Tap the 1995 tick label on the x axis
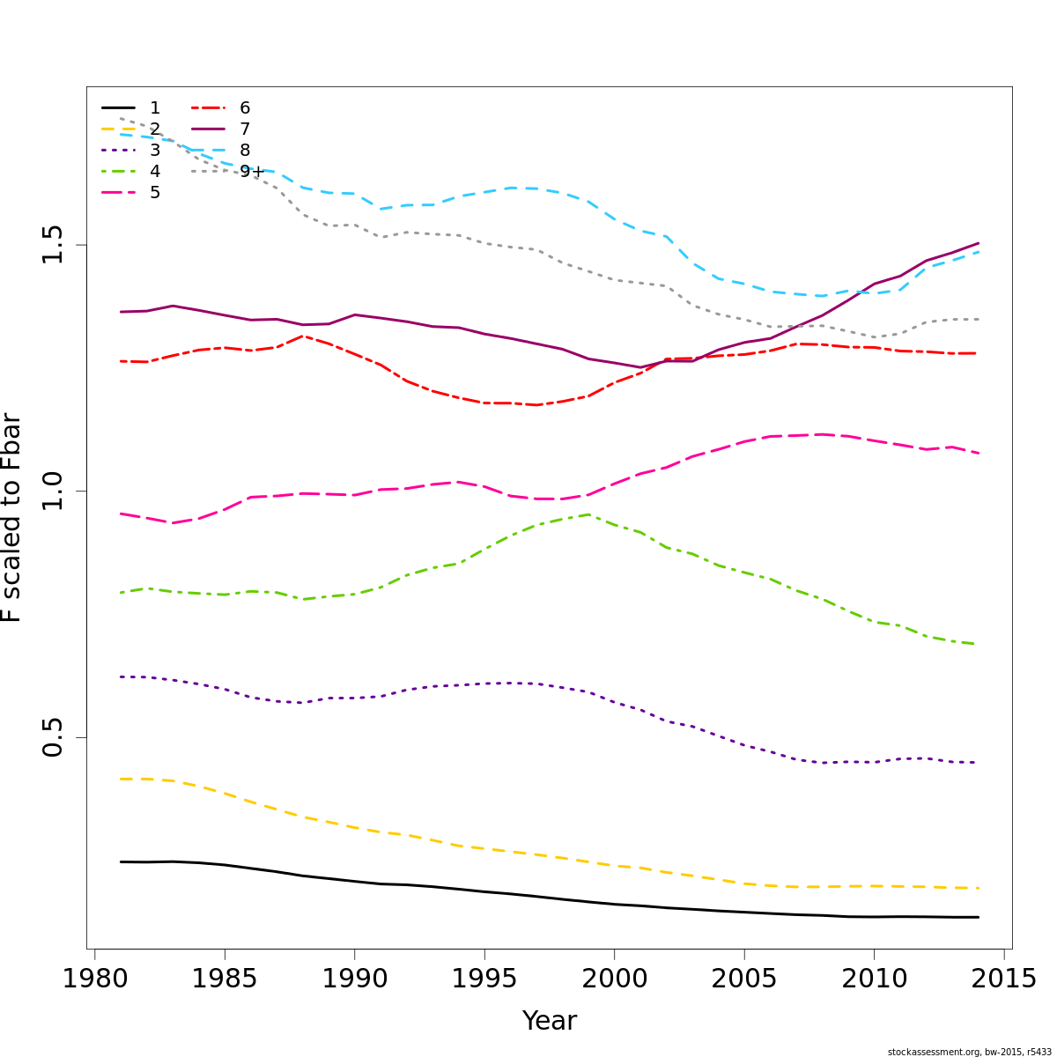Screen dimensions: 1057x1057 pyautogui.click(x=484, y=979)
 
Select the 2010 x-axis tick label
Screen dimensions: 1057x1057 pyautogui.click(x=874, y=979)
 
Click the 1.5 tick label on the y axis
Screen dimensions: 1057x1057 pyautogui.click(x=52, y=245)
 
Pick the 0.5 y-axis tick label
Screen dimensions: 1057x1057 pyautogui.click(x=52, y=737)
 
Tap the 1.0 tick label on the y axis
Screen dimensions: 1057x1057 pyautogui.click(x=52, y=491)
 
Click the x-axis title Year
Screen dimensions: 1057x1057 pyautogui.click(x=550, y=1021)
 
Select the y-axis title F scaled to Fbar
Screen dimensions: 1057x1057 pyautogui.click(x=12, y=518)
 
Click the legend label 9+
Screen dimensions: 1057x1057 pyautogui.click(x=251, y=172)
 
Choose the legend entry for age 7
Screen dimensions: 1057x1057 pyautogui.click(x=245, y=129)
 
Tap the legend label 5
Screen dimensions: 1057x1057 pyautogui.click(x=155, y=193)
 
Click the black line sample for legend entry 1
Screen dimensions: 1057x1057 pyautogui.click(x=119, y=108)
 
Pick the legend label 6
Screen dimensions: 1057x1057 pyautogui.click(x=245, y=108)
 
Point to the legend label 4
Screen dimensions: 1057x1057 pyautogui.click(x=155, y=172)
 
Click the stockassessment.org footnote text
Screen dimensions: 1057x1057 pyautogui.click(x=969, y=1052)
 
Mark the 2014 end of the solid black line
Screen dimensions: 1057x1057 pyautogui.click(x=978, y=917)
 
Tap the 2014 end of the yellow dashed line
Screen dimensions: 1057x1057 pyautogui.click(x=978, y=888)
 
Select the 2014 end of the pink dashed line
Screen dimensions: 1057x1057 pyautogui.click(x=978, y=453)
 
